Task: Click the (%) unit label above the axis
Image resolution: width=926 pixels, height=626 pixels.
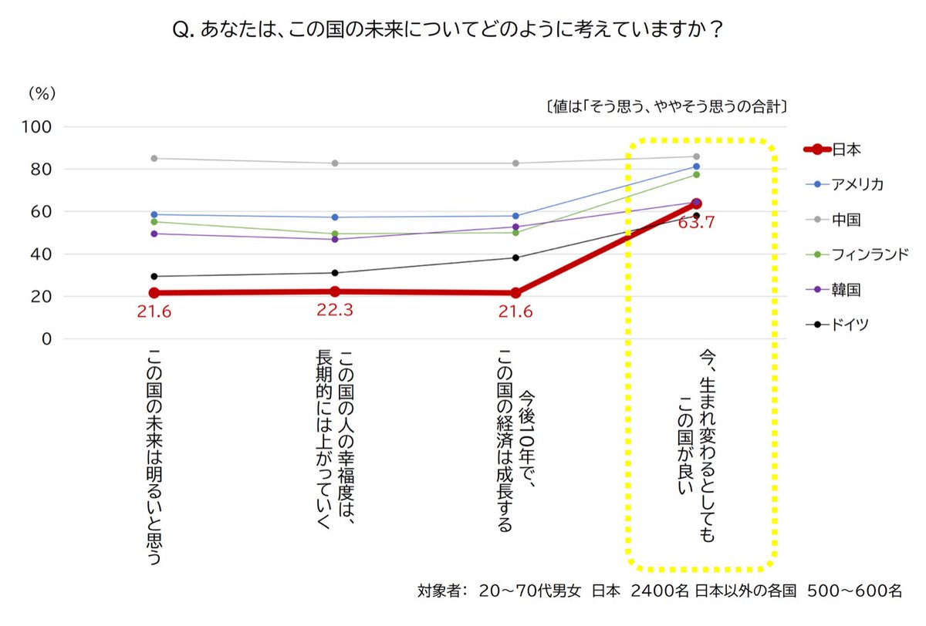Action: point(42,93)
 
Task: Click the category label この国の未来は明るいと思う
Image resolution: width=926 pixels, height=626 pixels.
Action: point(154,455)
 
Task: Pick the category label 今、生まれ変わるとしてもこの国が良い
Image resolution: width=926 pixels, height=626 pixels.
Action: point(697,447)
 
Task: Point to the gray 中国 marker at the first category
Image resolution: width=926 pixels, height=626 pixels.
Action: point(154,158)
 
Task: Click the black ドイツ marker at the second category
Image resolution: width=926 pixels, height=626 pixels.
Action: point(335,273)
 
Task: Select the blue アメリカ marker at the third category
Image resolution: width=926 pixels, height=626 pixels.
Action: point(515,216)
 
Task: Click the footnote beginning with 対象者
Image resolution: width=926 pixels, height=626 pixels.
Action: point(660,591)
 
